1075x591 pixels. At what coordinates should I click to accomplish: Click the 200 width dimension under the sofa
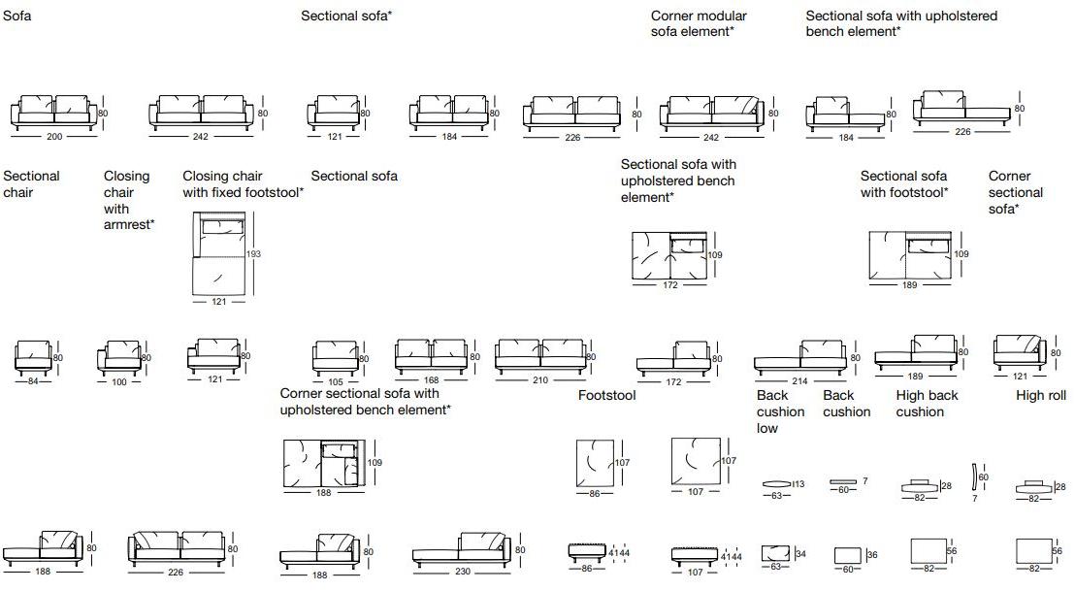(53, 137)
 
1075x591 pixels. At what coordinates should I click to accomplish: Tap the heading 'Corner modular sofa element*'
(699, 23)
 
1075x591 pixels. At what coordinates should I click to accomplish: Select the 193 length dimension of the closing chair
(254, 254)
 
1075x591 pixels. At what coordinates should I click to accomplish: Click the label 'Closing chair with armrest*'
(129, 200)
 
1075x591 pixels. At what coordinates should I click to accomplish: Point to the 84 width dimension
(33, 380)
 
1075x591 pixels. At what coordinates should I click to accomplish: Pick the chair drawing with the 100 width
(119, 357)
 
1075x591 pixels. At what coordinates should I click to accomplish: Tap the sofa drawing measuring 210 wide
(540, 356)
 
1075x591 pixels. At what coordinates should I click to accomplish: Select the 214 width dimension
(799, 381)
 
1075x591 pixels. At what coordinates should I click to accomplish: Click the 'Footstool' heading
(606, 395)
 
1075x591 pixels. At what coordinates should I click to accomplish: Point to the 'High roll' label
(1041, 395)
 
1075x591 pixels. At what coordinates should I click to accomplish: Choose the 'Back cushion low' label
(781, 411)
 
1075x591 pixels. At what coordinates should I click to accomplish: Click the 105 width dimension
(335, 380)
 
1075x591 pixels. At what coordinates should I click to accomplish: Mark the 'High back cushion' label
(927, 404)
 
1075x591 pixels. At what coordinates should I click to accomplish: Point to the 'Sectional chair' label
(32, 184)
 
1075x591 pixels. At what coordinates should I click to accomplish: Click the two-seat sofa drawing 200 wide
(53, 112)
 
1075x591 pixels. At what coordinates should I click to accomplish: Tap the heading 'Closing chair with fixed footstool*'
(243, 184)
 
